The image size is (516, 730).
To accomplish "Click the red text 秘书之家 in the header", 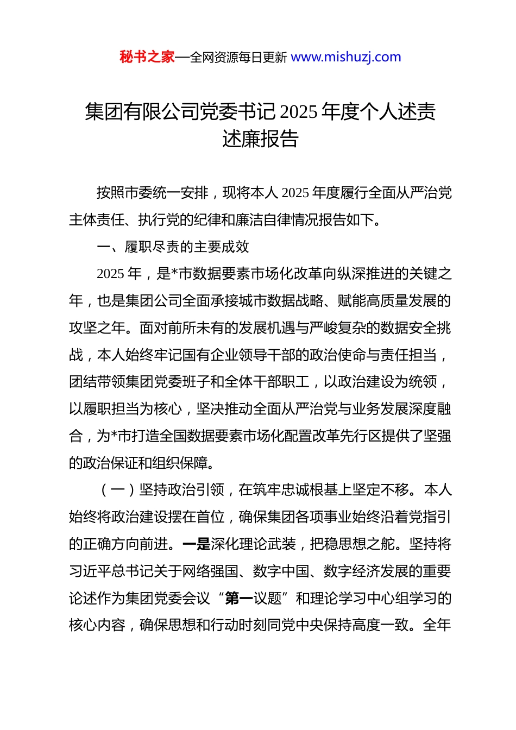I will pyautogui.click(x=147, y=57).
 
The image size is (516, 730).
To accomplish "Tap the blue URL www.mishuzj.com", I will pyautogui.click(x=346, y=57).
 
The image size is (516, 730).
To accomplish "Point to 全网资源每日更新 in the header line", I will pyautogui.click(x=238, y=58).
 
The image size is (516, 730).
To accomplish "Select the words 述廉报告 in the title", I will pyautogui.click(x=260, y=139).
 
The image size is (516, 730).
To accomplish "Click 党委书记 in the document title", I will pyautogui.click(x=238, y=112).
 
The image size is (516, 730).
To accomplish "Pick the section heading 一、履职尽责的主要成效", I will pyautogui.click(x=173, y=247).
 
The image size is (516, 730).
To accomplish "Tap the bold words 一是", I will pyautogui.click(x=196, y=544).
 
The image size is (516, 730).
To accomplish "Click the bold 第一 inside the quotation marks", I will pyautogui.click(x=238, y=599).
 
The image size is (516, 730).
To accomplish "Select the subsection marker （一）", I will pyautogui.click(x=118, y=490).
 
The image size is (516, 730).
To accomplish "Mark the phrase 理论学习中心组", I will pyautogui.click(x=345, y=599).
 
